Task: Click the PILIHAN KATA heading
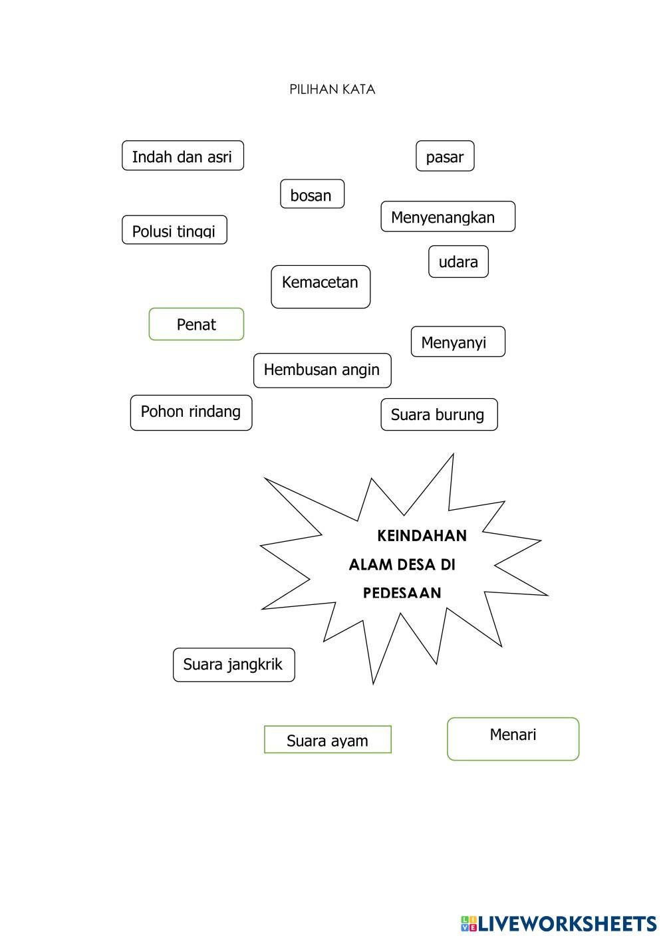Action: [x=332, y=90]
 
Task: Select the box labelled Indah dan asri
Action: [x=182, y=156]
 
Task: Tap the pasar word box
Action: [x=445, y=157]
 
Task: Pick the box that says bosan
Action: [x=312, y=195]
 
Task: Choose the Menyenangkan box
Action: [x=448, y=217]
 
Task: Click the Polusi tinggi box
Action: [x=174, y=231]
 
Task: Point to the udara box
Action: [x=458, y=262]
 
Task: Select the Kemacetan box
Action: [x=321, y=287]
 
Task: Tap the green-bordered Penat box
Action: [x=196, y=324]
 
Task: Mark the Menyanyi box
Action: [x=458, y=342]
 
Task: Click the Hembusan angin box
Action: [x=322, y=370]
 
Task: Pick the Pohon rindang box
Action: [x=191, y=413]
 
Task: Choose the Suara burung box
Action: [x=439, y=415]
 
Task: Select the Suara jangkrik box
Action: [x=233, y=665]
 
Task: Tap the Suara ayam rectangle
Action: [x=327, y=740]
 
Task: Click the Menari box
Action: [x=513, y=739]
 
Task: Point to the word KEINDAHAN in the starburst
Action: [x=422, y=536]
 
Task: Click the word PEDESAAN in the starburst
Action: [x=402, y=593]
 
